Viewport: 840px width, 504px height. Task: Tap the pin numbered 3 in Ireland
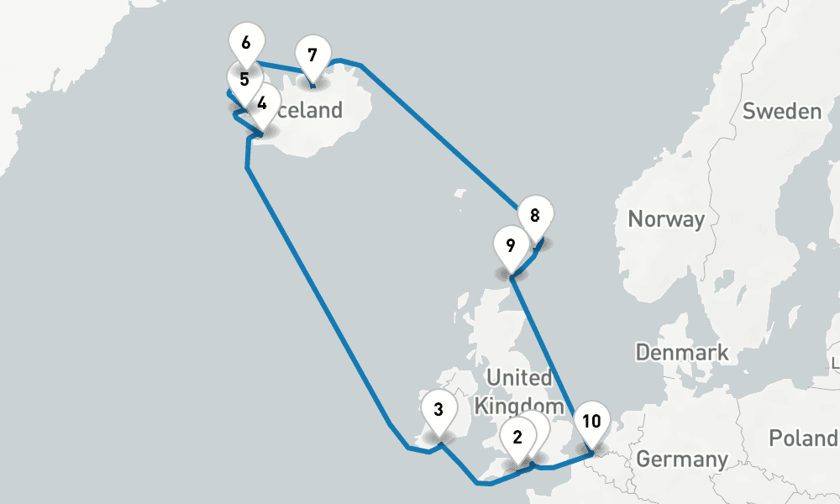tap(438, 411)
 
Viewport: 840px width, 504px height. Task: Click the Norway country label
tap(666, 220)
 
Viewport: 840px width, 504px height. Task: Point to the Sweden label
tap(781, 111)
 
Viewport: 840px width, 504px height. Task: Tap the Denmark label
tap(682, 352)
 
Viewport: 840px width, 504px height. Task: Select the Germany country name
tap(681, 459)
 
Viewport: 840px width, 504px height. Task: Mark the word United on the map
tap(519, 377)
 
